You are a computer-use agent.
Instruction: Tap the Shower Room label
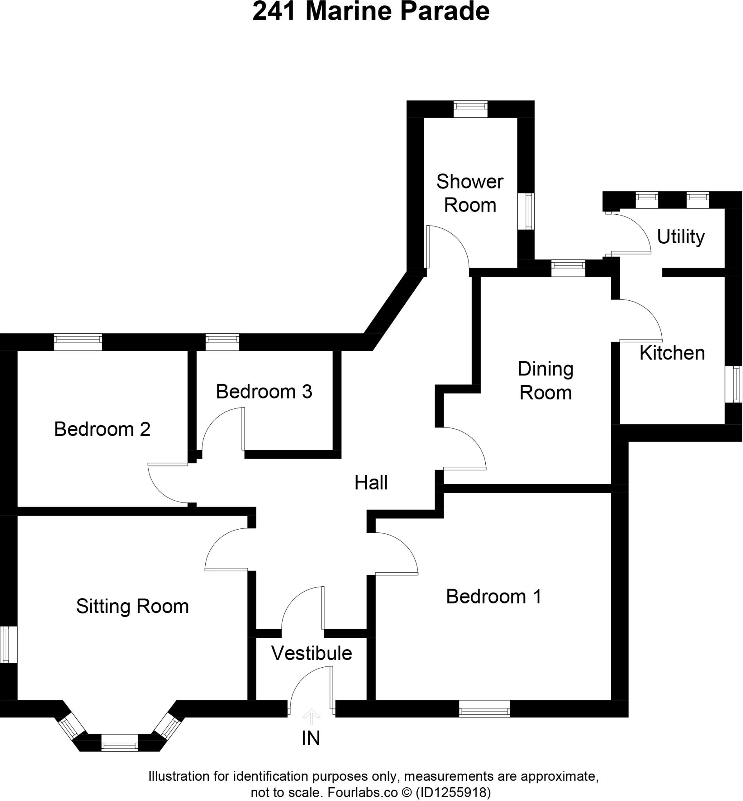click(470, 194)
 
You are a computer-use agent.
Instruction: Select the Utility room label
click(680, 237)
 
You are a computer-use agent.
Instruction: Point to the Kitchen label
click(672, 353)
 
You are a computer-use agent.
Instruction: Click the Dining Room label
click(545, 381)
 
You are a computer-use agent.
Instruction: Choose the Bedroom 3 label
click(264, 391)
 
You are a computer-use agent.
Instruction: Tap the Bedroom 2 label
click(102, 429)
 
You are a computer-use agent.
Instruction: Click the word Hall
click(371, 483)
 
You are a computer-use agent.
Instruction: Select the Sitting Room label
click(132, 606)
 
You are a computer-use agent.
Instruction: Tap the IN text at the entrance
click(311, 738)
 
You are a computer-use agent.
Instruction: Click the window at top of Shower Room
click(470, 109)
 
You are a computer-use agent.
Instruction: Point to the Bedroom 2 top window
click(78, 342)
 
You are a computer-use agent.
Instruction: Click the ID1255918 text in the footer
click(453, 792)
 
